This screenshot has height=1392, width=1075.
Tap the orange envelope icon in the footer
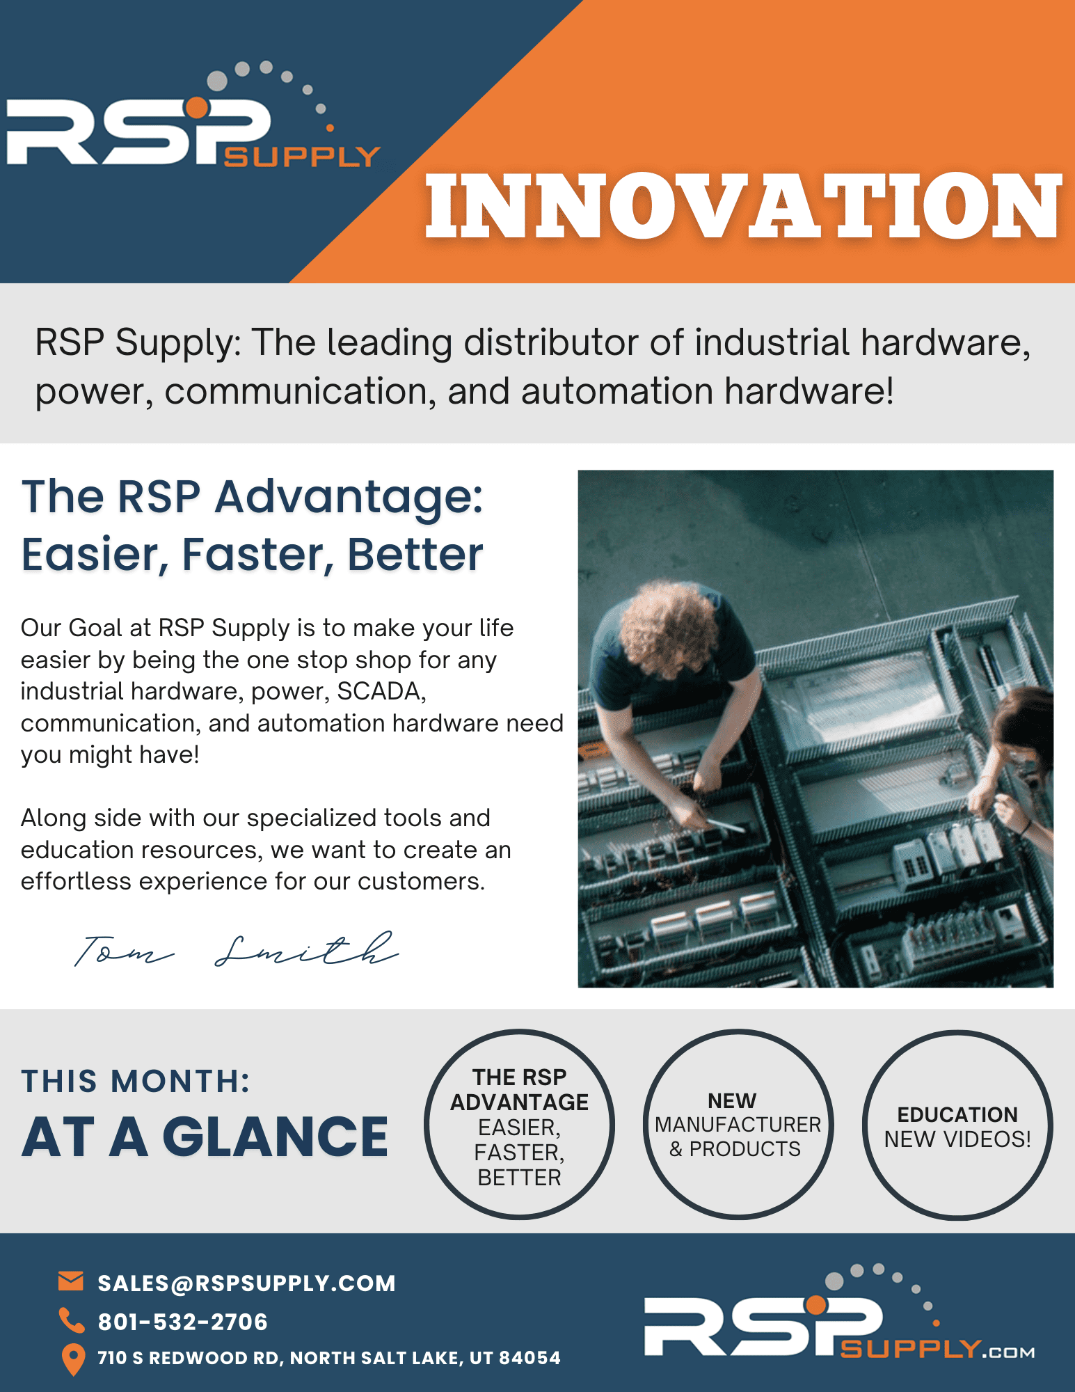(71, 1281)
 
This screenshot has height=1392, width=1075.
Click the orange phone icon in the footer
(71, 1320)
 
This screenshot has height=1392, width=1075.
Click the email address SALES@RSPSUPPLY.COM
(246, 1283)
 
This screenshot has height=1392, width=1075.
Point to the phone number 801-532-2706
(182, 1322)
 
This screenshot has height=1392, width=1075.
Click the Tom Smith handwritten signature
(237, 949)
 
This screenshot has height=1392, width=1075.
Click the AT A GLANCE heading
(205, 1137)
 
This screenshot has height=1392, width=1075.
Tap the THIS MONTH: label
(136, 1081)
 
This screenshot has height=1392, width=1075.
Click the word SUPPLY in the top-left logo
(302, 157)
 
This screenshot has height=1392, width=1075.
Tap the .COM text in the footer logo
(1008, 1352)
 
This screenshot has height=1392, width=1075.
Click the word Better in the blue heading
(415, 555)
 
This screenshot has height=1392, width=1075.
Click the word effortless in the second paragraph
(76, 881)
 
